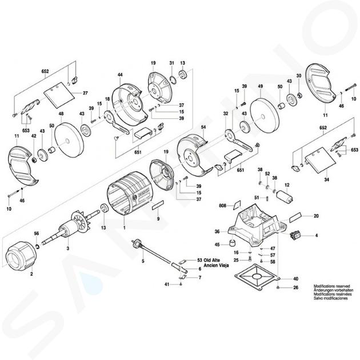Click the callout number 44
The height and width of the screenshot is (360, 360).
120,75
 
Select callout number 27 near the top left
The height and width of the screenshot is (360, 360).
86,93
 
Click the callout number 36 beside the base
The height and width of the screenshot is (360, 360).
217,231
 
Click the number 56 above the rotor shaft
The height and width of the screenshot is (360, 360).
36,233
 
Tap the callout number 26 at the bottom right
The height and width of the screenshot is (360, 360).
295,287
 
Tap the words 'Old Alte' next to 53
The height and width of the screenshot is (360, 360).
216,260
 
